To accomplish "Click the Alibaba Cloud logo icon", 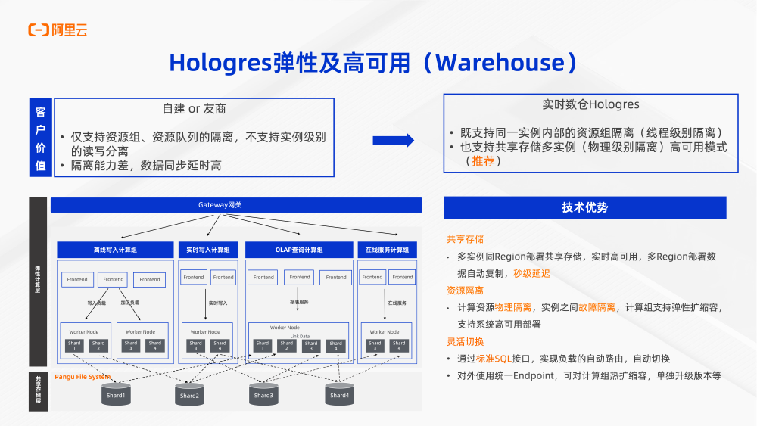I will click(x=39, y=30).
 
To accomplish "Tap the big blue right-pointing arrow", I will click(x=394, y=139).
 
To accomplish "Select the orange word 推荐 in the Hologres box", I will click(x=486, y=161).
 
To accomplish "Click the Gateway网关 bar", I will click(x=236, y=205).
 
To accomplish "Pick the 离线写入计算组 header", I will click(x=115, y=250).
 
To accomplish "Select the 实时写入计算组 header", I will click(x=208, y=250).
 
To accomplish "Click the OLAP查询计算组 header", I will click(x=299, y=250).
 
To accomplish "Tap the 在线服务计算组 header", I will click(x=387, y=250).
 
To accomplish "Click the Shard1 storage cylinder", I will click(x=116, y=393).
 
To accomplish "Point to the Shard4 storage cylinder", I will click(x=339, y=393).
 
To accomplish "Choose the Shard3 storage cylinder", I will click(x=263, y=393).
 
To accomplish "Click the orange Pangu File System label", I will click(x=83, y=377).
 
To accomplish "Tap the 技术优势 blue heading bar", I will click(x=584, y=207).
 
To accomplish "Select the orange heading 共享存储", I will click(x=465, y=239).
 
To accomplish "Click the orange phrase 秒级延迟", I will click(x=531, y=274).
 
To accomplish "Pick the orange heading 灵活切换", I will click(x=465, y=342).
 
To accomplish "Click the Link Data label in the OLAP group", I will click(x=299, y=336).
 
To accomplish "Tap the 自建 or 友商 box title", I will click(x=194, y=109).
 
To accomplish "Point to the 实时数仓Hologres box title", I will click(x=590, y=104).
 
